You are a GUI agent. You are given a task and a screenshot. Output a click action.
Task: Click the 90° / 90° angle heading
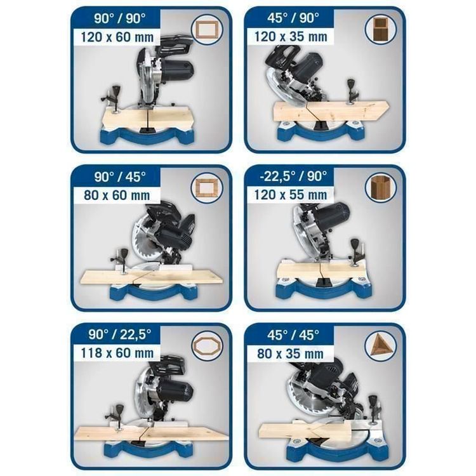pos(119,19)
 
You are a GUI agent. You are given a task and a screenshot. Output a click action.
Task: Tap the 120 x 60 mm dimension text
pos(117,37)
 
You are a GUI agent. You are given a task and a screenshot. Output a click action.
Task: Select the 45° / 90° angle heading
pos(293,18)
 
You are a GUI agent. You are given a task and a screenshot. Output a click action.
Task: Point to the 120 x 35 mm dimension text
pos(291,37)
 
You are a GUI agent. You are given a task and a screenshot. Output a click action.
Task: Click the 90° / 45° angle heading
pos(120,176)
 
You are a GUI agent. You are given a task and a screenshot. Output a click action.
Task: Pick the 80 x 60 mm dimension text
pos(117,195)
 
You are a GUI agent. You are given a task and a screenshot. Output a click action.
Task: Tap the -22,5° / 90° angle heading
pos(293,176)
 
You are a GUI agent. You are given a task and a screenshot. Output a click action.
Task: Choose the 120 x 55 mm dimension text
pos(291,195)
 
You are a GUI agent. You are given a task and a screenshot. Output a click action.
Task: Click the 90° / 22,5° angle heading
pos(119,334)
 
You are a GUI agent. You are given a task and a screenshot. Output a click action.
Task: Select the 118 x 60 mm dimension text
pos(117,354)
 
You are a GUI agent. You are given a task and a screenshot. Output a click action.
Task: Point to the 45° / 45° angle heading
pos(293,335)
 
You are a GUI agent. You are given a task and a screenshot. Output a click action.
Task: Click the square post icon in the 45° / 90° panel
pos(380,29)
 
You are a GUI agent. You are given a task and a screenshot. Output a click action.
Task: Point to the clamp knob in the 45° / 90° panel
pos(352,84)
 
